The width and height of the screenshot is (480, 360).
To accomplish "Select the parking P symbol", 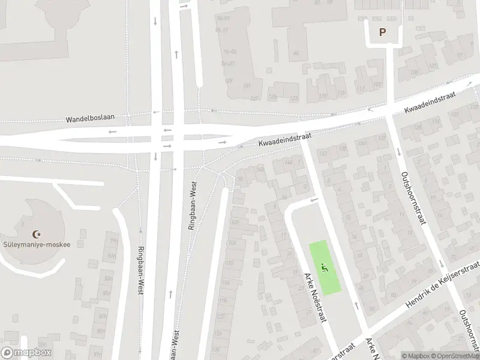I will (382, 32).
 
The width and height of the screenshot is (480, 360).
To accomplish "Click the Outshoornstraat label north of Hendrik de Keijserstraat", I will (414, 199).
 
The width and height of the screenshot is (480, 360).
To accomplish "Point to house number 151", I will (246, 86).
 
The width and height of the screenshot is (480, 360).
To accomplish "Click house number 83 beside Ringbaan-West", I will (109, 278).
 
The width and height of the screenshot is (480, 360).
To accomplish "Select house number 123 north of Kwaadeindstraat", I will (293, 97).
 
